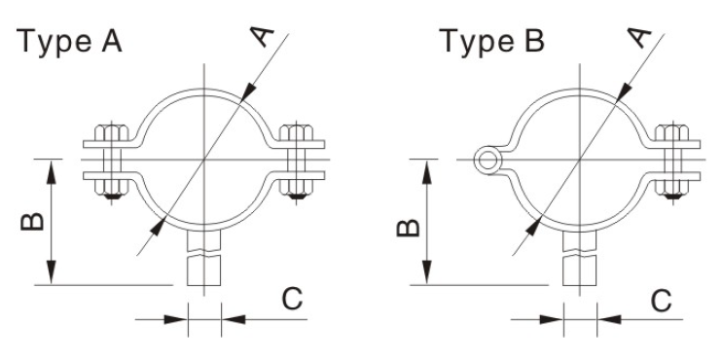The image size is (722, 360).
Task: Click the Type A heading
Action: point(69,42)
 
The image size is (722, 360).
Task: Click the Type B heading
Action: point(491,42)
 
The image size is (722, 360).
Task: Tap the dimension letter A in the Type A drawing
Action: point(261,36)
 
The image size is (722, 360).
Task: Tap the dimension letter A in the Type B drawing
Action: point(639,37)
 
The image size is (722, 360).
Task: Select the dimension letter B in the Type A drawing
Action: point(33,222)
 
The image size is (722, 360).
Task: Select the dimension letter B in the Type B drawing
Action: point(409,228)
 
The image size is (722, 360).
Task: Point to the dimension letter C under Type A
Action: point(292,299)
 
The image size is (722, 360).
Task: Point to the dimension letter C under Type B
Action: point(662,301)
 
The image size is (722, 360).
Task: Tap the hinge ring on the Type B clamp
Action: point(487,161)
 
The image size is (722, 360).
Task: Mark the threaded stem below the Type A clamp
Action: point(204,257)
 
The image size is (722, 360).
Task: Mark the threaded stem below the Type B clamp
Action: point(580,257)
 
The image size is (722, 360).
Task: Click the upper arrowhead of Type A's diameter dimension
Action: point(248,91)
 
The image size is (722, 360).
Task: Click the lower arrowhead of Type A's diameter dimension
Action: point(158,228)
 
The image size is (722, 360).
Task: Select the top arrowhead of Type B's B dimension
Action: point(427,172)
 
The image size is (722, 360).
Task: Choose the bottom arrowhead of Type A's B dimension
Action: point(52,272)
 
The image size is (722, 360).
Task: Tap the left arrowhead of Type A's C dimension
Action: point(176,319)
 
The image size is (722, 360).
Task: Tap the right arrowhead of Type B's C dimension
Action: point(609,319)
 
